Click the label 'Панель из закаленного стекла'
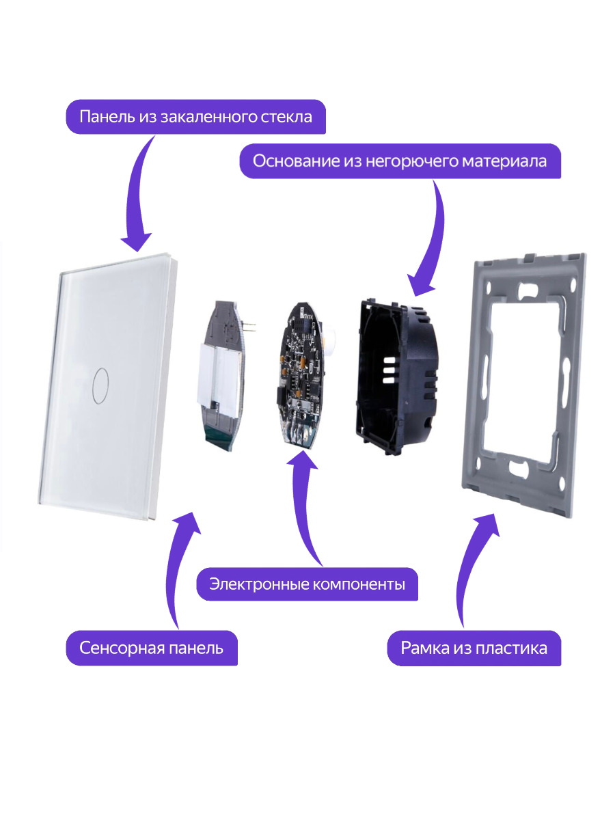(x=195, y=116)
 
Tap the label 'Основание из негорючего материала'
(x=400, y=161)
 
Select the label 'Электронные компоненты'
(x=307, y=584)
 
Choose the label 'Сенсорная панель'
(x=151, y=647)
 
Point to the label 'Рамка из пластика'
(x=474, y=647)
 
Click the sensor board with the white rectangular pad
(x=225, y=376)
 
